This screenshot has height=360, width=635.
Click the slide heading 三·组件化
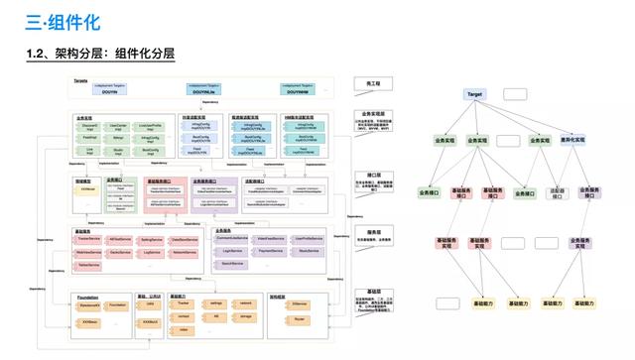coord(64,21)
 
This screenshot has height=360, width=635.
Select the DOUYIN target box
coord(107,90)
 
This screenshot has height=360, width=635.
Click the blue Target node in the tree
coord(475,93)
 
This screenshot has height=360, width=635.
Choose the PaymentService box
coord(265,252)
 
